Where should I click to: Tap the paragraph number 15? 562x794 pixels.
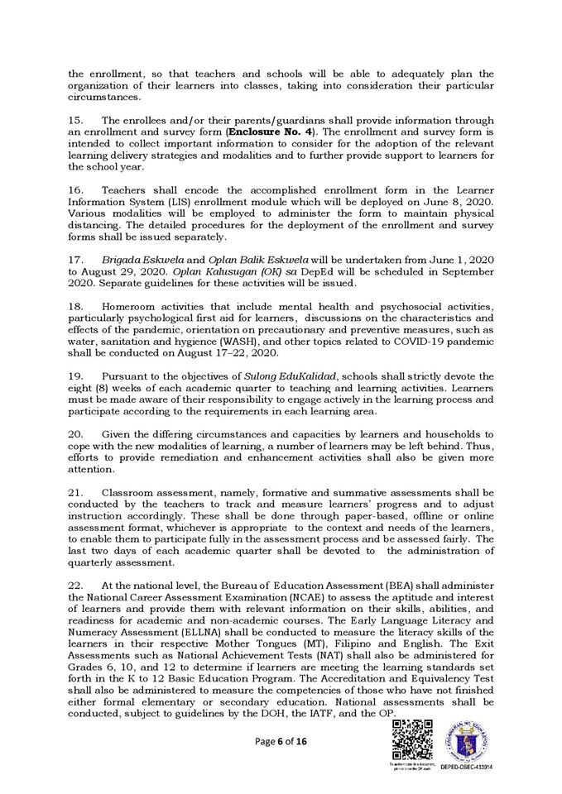75,119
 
